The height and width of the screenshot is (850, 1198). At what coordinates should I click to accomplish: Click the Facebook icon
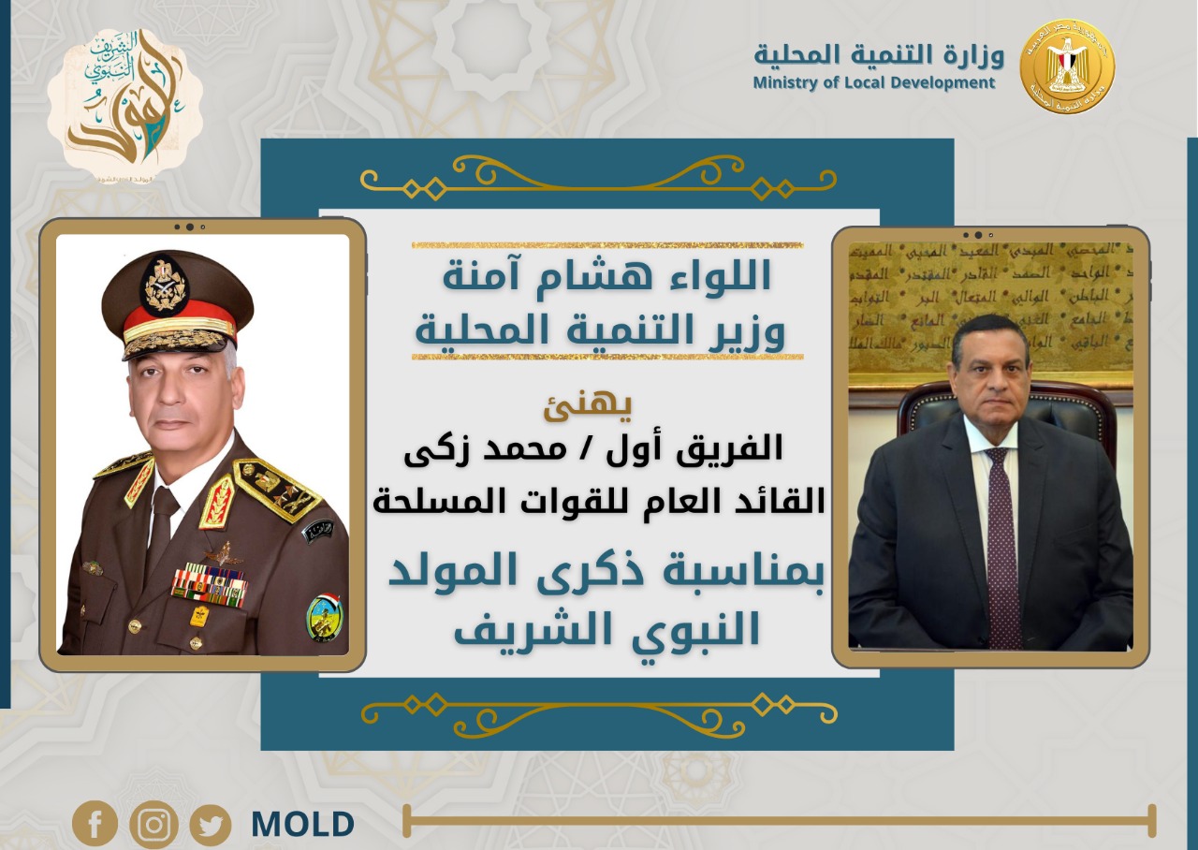95,824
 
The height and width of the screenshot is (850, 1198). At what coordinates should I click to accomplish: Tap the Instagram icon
153,825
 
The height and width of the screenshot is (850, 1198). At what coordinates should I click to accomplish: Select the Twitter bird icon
211,826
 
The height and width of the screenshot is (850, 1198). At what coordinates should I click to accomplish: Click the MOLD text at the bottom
302,825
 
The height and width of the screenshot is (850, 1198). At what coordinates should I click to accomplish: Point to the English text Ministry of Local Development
874,83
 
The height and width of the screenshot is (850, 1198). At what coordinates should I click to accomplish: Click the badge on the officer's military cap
165,285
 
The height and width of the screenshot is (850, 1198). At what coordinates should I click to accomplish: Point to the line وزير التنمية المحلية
600,332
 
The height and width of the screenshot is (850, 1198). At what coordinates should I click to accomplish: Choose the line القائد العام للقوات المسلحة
599,501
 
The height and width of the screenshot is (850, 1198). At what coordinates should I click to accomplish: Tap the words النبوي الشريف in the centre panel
606,628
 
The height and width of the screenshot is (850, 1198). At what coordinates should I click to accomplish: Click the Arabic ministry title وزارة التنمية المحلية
879,54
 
